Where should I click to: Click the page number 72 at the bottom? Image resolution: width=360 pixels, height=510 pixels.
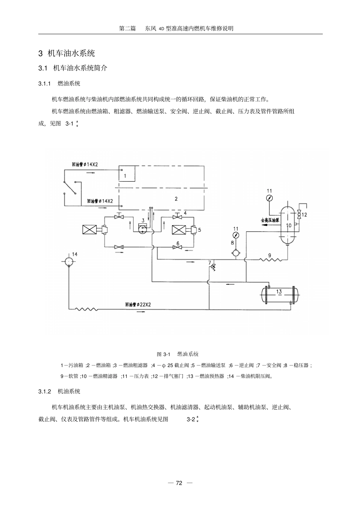[x=179, y=483]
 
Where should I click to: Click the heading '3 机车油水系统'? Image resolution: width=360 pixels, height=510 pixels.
[x=66, y=53]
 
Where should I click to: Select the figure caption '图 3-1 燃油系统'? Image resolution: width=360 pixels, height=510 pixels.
[x=177, y=354]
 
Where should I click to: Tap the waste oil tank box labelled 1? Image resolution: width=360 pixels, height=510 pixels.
[x=127, y=174]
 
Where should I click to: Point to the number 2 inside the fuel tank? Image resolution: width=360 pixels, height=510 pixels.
[x=176, y=199]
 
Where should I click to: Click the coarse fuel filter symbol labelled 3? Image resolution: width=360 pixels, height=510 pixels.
[x=143, y=229]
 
